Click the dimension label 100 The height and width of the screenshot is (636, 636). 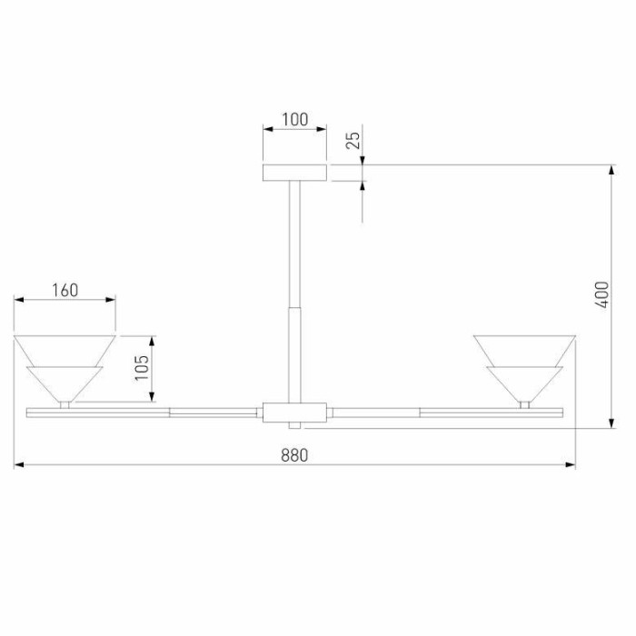pos(294,119)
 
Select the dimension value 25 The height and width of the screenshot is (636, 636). pos(354,139)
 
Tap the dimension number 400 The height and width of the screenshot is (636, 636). pos(601,295)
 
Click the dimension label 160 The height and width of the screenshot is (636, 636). pos(65,291)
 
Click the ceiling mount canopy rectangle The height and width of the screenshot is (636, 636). pos(294,174)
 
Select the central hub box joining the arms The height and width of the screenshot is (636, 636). pos(294,412)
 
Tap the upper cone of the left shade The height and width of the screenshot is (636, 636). pos(65,350)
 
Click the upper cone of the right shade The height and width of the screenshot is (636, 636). pos(525,350)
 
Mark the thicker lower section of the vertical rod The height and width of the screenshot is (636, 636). pos(294,354)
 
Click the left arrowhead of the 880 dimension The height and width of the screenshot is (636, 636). pos(18,466)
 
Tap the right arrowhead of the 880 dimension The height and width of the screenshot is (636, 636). pos(571,466)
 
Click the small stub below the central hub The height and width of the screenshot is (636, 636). pos(294,427)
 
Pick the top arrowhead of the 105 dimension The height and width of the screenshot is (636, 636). pos(154,340)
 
